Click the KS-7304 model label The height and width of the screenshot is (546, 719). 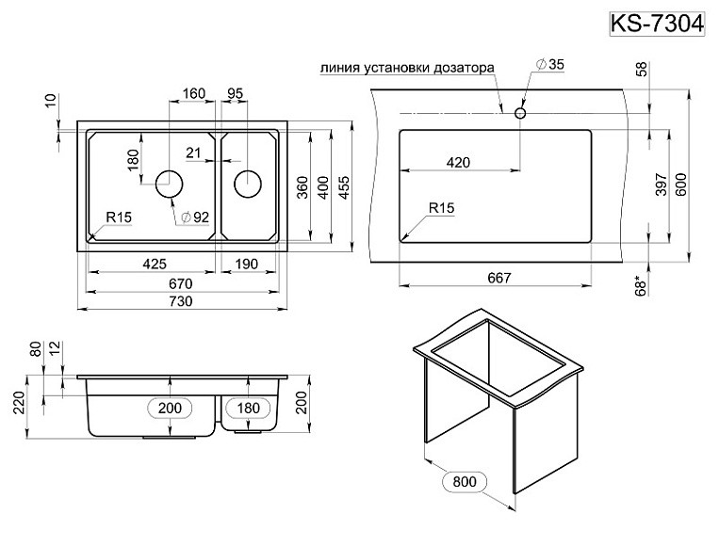point(658,23)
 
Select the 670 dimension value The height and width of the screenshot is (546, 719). point(181,283)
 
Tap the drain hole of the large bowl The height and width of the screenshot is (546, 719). point(169,183)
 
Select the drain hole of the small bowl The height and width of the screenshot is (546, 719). point(247,183)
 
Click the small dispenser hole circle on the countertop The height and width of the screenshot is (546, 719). point(519,112)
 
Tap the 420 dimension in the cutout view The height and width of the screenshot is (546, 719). point(458,162)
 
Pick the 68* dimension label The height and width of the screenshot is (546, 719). point(645,283)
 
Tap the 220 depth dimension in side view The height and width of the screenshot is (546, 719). point(16,405)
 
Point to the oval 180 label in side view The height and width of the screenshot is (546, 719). point(247,408)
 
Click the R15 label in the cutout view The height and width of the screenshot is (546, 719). point(440,208)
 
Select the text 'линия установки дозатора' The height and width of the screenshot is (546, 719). point(406,69)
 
